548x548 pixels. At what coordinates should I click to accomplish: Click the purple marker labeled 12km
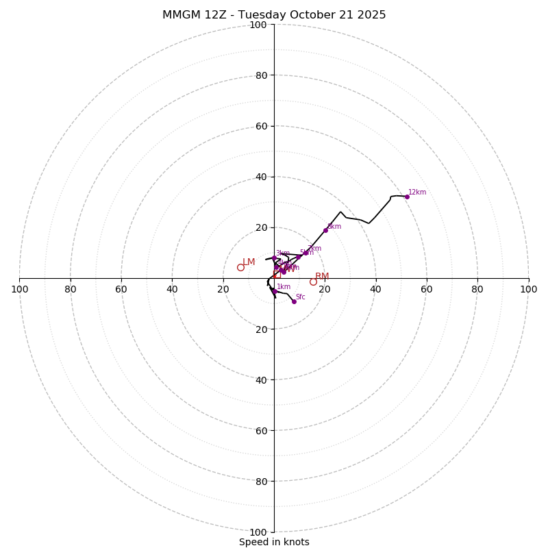[407, 197]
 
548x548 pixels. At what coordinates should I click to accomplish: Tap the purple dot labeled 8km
[325, 230]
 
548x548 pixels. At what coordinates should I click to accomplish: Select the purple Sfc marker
[294, 301]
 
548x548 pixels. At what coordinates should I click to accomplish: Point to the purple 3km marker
[274, 258]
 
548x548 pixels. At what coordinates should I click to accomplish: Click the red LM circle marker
[240, 267]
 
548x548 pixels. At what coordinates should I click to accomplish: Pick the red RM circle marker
[313, 282]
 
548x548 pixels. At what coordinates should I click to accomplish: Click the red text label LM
[249, 262]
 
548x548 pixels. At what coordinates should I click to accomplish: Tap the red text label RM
[322, 277]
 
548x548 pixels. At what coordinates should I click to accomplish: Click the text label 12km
[417, 192]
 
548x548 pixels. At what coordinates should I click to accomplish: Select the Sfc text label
[301, 297]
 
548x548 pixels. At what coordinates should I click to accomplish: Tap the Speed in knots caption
[274, 542]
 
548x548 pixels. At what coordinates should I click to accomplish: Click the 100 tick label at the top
[258, 25]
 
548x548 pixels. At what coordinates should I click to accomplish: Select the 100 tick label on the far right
[528, 289]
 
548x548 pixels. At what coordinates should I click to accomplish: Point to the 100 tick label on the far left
[19, 289]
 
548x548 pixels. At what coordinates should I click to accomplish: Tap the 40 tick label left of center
[172, 289]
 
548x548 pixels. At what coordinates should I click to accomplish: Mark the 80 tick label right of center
[477, 289]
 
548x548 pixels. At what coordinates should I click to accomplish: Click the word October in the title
[299, 15]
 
